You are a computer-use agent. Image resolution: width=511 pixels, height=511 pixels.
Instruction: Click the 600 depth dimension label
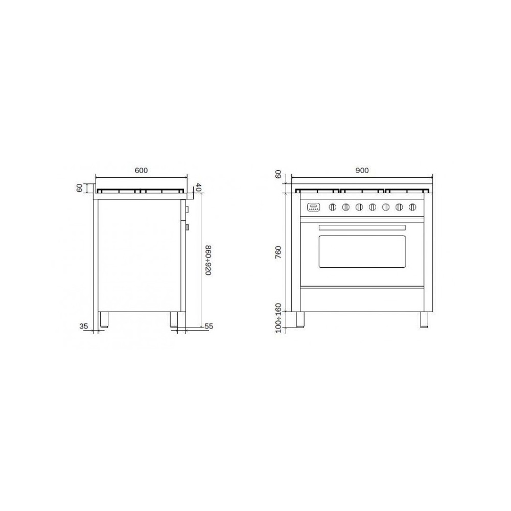(x=142, y=170)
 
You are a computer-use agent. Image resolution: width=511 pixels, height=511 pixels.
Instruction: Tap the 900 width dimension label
(x=362, y=170)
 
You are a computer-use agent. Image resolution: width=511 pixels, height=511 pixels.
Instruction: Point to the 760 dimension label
(x=278, y=253)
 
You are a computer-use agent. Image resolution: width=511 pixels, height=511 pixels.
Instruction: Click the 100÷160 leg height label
(x=278, y=318)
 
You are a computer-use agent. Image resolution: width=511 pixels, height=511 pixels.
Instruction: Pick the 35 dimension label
(x=85, y=326)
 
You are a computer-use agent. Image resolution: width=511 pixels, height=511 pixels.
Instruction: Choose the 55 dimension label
(x=208, y=326)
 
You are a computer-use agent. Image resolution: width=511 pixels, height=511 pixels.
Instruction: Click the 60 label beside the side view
(x=80, y=188)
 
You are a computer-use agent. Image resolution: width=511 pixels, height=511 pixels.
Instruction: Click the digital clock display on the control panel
(x=313, y=207)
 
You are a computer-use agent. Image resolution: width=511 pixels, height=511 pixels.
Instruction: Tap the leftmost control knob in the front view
(x=333, y=207)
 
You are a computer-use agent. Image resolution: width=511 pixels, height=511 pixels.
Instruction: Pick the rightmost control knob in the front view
(x=412, y=207)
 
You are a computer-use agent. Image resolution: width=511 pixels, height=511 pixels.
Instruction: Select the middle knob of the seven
(x=373, y=207)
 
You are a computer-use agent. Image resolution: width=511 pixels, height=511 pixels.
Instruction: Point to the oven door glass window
(x=362, y=250)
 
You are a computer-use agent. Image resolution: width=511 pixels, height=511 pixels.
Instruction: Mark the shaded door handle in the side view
(x=188, y=227)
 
